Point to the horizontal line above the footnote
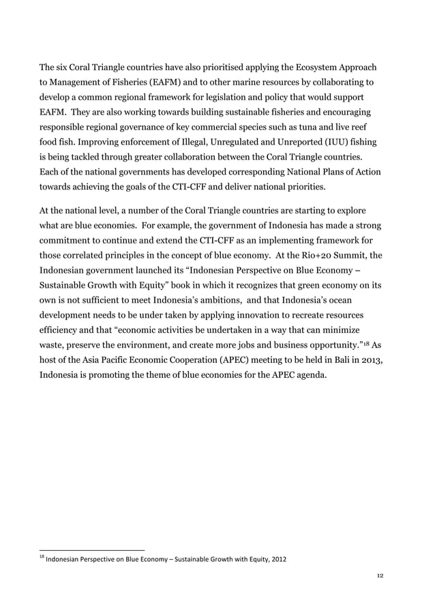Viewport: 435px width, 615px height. click(x=91, y=550)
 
